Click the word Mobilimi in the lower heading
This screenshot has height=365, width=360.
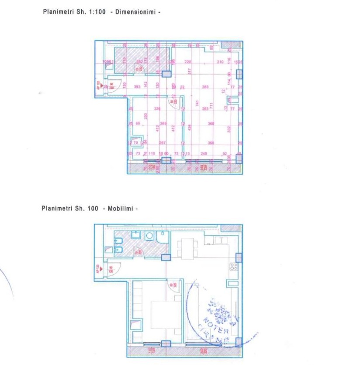pos(120,209)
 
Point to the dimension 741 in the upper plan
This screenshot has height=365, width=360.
pos(197,104)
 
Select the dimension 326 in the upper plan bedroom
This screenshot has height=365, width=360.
pos(158,109)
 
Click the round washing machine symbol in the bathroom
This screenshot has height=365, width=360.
pos(150,236)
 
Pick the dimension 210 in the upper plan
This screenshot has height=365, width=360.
pos(220,62)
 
